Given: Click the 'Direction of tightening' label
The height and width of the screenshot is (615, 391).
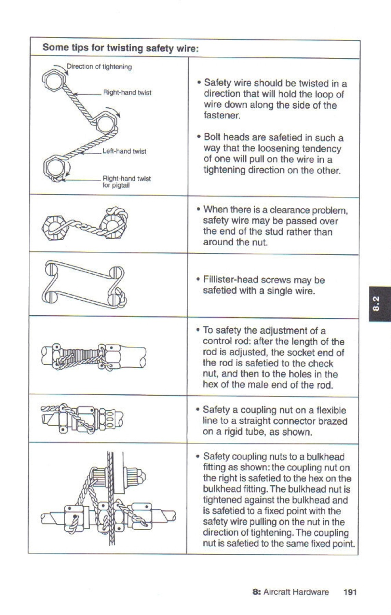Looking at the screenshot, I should tap(99, 67).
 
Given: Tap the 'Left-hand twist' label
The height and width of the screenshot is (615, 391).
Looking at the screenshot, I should tap(124, 151).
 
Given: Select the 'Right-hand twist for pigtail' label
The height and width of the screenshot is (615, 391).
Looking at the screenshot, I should tap(126, 182).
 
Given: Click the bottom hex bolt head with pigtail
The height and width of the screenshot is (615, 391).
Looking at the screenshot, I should tap(55, 168).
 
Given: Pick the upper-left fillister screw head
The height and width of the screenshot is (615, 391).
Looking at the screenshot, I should tap(51, 268).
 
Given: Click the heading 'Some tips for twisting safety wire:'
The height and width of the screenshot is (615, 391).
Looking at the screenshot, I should tap(120, 48).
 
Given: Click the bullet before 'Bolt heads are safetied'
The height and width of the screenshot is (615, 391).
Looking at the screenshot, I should tap(199, 137).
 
